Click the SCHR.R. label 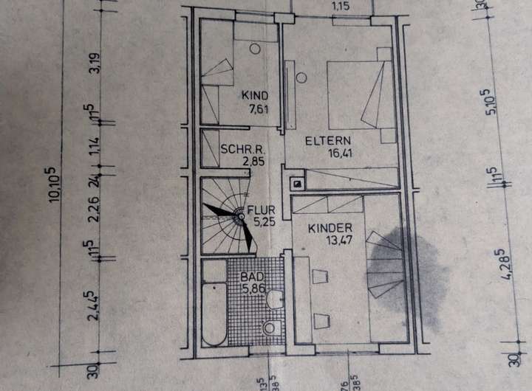(x=238, y=148)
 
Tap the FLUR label (x=263, y=210)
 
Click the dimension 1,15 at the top (x=340, y=7)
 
